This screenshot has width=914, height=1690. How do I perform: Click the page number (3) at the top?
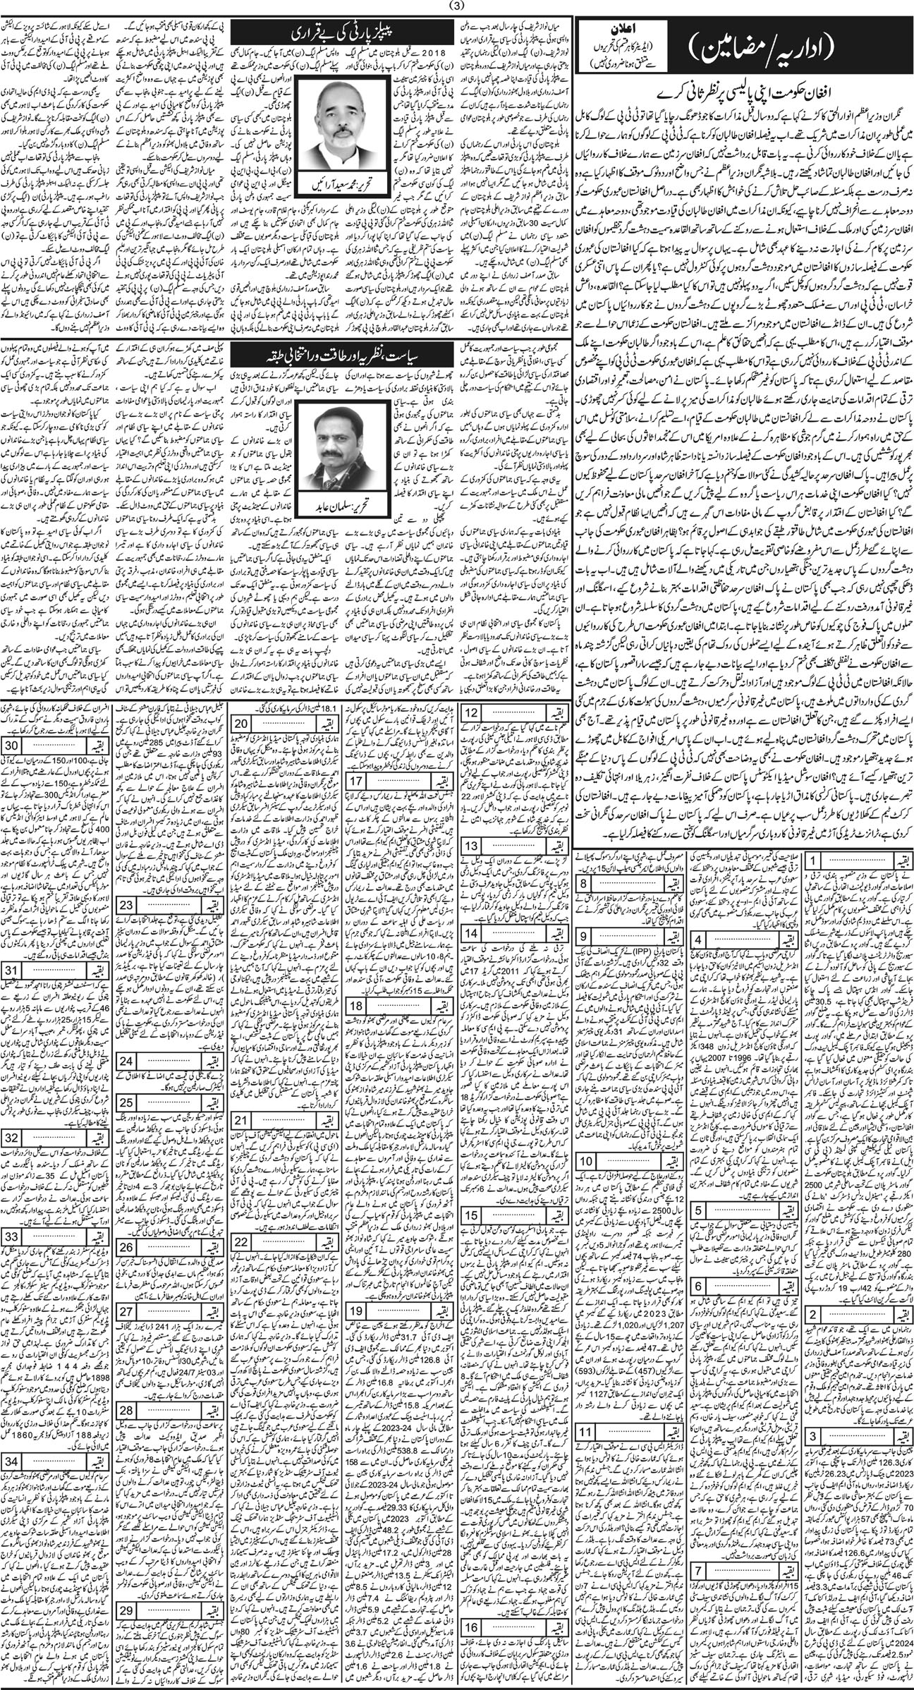[458, 8]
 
